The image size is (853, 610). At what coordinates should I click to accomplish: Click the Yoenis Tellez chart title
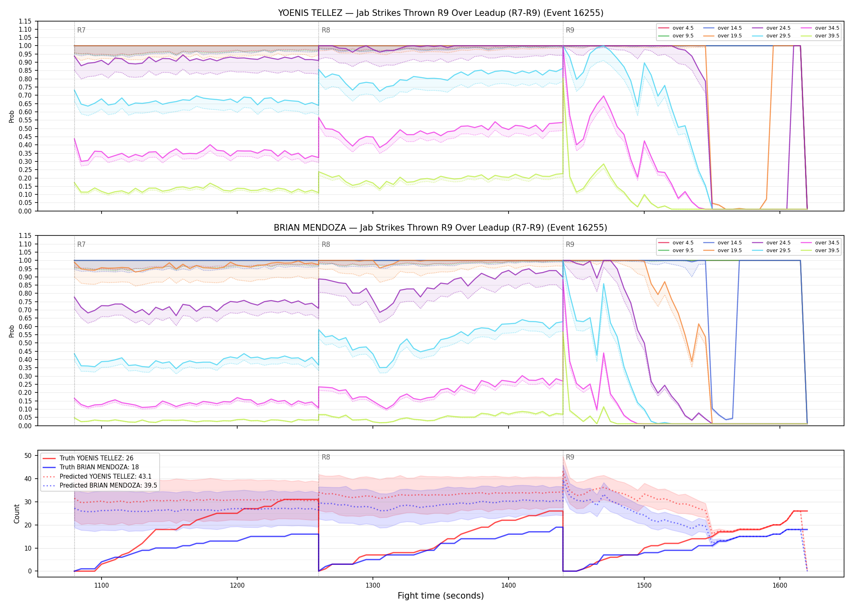pos(441,13)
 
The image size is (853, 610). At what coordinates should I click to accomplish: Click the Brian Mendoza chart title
pos(441,228)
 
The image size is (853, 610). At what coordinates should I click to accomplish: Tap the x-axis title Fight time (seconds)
pos(441,596)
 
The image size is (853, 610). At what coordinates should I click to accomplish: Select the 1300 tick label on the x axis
pos(373,586)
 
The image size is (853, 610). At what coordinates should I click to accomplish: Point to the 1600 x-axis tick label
pos(780,586)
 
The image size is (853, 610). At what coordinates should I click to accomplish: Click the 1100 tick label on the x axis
pos(102,586)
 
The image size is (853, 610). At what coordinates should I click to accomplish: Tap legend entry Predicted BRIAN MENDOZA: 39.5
pos(100,486)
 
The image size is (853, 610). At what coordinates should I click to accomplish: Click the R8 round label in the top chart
pos(326,30)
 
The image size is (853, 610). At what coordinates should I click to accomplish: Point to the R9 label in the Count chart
pos(570,457)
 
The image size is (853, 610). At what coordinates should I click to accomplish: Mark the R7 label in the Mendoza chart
pos(81,244)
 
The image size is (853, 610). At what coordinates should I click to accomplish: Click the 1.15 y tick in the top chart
pos(25,21)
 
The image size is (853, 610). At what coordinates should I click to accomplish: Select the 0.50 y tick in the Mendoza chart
pos(25,343)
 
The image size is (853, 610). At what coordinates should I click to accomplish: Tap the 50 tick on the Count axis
pos(28,455)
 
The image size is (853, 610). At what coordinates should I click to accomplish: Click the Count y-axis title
pos(17,514)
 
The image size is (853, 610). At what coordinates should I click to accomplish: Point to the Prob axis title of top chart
pos(12,116)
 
